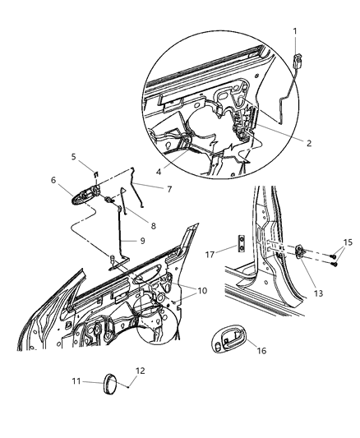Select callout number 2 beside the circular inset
[x=307, y=142]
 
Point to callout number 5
[x=73, y=156]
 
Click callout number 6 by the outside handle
[x=54, y=180]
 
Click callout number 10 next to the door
[x=202, y=291]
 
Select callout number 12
[x=141, y=371]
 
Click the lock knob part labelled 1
[x=297, y=58]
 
